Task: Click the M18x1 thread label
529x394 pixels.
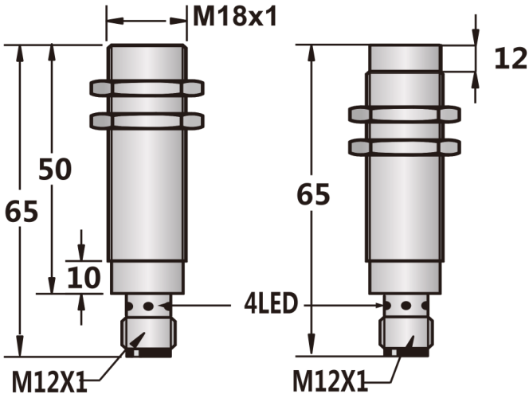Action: pyautogui.click(x=235, y=17)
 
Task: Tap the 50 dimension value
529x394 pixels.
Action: pyautogui.click(x=55, y=170)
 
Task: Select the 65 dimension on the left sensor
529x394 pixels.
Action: pyautogui.click(x=22, y=211)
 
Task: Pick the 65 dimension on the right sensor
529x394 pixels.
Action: pyautogui.click(x=313, y=194)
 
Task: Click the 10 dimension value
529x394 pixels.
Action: pyautogui.click(x=84, y=277)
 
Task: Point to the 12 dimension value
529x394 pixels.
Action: pyautogui.click(x=511, y=58)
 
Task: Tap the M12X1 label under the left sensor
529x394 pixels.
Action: pyautogui.click(x=49, y=381)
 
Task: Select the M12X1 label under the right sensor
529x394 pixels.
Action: pyautogui.click(x=330, y=380)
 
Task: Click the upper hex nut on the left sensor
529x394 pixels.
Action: pyautogui.click(x=147, y=88)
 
